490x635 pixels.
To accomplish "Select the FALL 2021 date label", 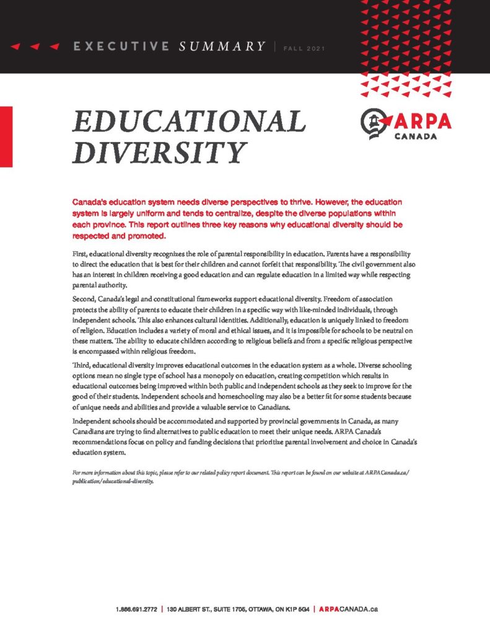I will coord(303,48).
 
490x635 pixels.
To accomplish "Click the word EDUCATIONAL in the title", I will coord(189,122).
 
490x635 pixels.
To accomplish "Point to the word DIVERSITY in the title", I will coord(160,153).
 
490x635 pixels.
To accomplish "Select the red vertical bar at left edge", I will coord(6,136).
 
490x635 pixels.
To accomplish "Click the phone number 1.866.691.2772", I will coord(136,610).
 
